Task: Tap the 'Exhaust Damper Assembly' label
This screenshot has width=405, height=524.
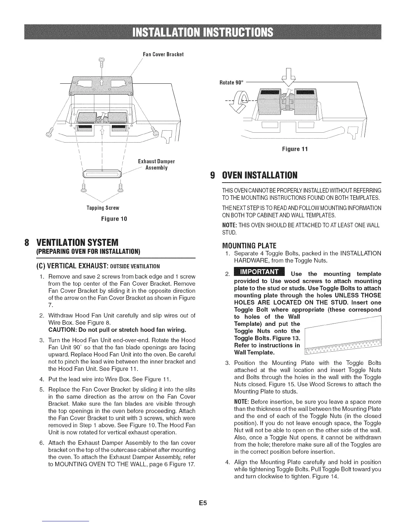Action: (x=156, y=165)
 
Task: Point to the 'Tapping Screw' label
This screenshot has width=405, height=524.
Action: (x=103, y=208)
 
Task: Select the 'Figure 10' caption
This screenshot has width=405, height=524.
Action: (x=103, y=219)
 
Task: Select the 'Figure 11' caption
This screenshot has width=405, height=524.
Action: (x=294, y=149)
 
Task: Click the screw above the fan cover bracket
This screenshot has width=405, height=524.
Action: (x=102, y=63)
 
